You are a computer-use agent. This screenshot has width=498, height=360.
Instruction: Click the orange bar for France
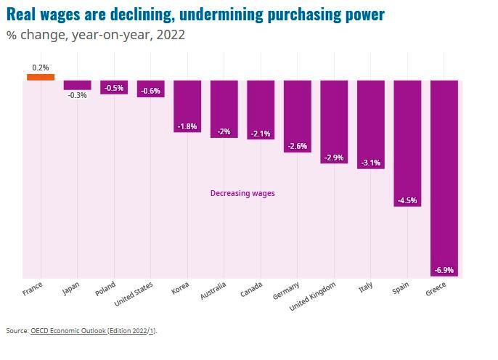click(x=41, y=76)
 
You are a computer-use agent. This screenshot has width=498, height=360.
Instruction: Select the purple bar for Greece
click(x=444, y=174)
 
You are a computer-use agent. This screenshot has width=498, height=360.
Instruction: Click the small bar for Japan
click(x=77, y=84)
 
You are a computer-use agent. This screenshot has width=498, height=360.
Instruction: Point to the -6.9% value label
click(x=444, y=270)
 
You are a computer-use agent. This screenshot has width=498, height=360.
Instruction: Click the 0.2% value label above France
click(x=41, y=67)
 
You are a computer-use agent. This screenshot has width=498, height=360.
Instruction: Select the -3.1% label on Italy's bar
click(x=370, y=163)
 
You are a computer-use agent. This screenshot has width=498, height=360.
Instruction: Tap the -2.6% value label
click(x=298, y=146)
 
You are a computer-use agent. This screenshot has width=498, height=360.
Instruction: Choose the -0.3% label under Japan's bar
click(x=77, y=95)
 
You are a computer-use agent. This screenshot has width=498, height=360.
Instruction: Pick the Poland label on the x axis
click(x=106, y=290)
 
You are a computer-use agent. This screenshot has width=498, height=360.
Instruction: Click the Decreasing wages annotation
click(x=242, y=193)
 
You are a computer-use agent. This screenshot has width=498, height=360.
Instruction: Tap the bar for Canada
click(x=261, y=109)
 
